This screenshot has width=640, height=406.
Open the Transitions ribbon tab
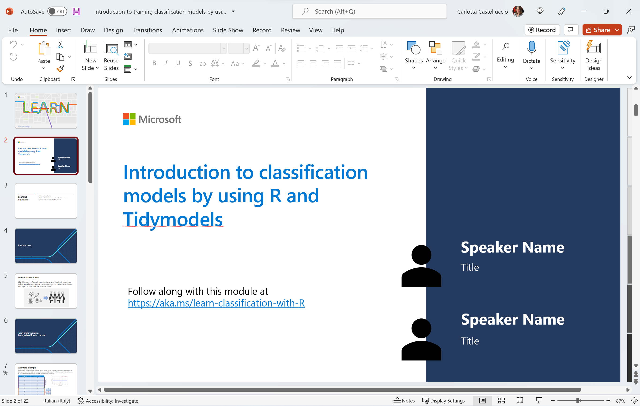click(x=147, y=30)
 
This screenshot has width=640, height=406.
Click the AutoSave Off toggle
click(x=57, y=11)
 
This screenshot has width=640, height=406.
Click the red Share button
click(x=598, y=30)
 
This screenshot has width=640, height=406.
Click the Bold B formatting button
click(x=154, y=63)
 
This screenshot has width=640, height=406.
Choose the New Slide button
click(x=90, y=56)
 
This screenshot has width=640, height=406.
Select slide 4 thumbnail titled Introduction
click(x=46, y=246)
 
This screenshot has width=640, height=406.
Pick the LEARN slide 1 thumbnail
click(x=46, y=111)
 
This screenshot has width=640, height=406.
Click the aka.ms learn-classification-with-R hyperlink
click(x=216, y=303)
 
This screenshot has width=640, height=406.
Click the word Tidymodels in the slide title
click(x=173, y=219)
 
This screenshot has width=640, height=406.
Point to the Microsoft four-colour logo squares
click(x=129, y=119)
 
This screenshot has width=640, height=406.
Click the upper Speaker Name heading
click(x=512, y=247)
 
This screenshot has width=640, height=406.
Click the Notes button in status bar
click(x=404, y=400)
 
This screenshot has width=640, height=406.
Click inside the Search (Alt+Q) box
click(x=369, y=11)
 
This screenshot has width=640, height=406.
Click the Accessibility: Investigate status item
click(x=108, y=401)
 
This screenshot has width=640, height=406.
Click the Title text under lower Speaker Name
click(x=470, y=341)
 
